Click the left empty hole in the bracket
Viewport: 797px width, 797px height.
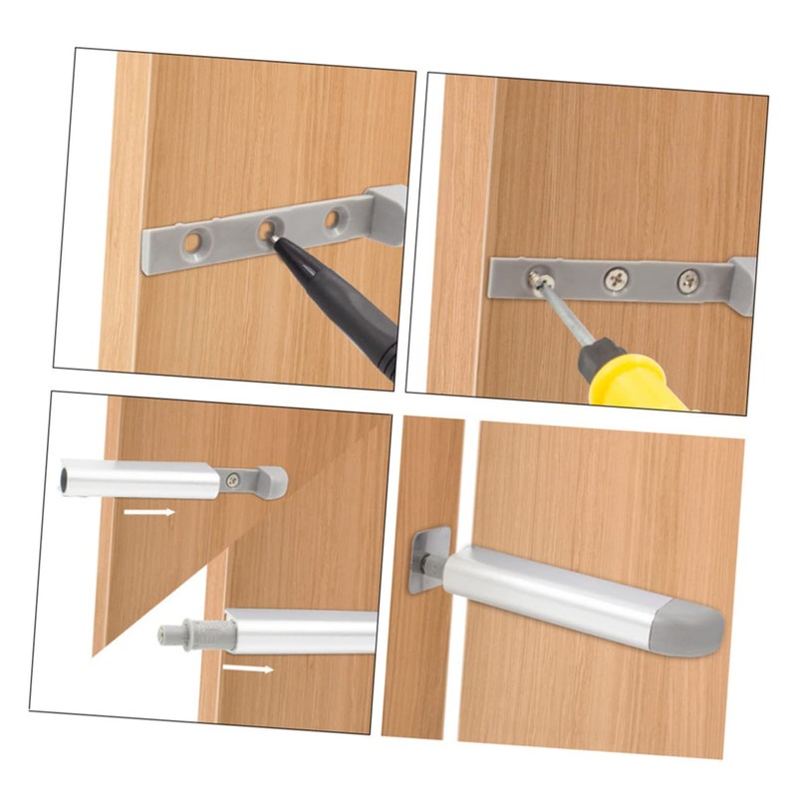click(x=191, y=240)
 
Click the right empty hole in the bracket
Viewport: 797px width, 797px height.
click(x=336, y=216)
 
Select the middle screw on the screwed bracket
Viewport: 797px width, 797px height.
click(x=616, y=280)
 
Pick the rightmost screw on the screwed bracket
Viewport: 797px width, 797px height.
click(x=687, y=283)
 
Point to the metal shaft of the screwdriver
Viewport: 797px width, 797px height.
click(x=566, y=319)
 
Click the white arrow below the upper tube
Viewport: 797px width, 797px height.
click(x=149, y=512)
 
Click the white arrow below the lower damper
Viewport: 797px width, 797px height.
click(x=247, y=668)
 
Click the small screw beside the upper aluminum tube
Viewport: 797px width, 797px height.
click(x=232, y=479)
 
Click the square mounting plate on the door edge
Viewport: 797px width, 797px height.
click(x=424, y=560)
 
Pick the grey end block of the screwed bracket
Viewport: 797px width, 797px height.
click(x=743, y=286)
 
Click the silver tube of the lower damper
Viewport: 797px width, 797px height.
click(x=299, y=632)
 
